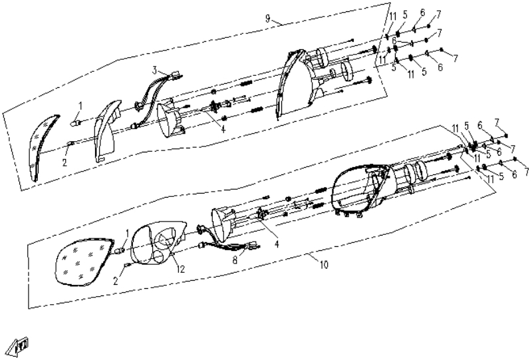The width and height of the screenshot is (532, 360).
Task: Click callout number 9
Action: (x=268, y=19)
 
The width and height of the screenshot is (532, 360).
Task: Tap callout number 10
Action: (x=325, y=264)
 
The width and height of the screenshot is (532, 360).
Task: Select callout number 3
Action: (x=155, y=71)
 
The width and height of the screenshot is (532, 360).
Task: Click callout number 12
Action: (x=180, y=270)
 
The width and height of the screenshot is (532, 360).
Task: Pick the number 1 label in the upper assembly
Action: (x=80, y=106)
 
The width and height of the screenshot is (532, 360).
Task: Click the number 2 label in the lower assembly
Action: (x=116, y=281)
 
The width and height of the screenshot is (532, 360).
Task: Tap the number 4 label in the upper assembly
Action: (x=223, y=129)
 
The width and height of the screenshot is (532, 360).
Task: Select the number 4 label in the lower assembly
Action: (x=277, y=244)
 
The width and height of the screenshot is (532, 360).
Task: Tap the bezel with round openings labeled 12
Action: (x=158, y=242)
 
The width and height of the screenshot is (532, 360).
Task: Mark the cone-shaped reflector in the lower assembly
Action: (x=224, y=222)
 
